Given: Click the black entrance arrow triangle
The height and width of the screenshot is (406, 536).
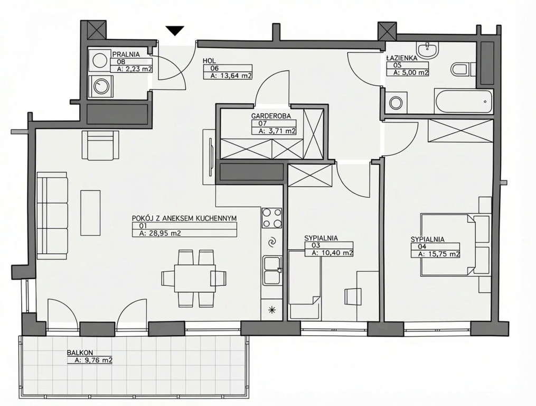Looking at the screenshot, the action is pyautogui.click(x=175, y=31).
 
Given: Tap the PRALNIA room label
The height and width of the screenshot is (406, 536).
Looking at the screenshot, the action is pyautogui.click(x=126, y=54).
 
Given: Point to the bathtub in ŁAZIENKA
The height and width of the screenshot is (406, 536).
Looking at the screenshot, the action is pyautogui.click(x=464, y=101).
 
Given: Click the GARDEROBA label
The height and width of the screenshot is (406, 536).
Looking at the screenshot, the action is pyautogui.click(x=271, y=116).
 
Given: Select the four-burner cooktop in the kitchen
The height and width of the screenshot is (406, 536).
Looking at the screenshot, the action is pyautogui.click(x=272, y=218).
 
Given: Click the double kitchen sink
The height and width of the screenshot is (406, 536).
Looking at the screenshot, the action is pyautogui.click(x=272, y=271).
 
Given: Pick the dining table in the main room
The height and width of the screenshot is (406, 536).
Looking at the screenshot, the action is pyautogui.click(x=194, y=278).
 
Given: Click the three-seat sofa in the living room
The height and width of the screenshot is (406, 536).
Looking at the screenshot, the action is pyautogui.click(x=52, y=215).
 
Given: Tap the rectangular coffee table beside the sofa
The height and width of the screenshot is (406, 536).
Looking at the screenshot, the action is pyautogui.click(x=91, y=213).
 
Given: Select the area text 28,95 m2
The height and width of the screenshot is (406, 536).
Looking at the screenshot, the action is pyautogui.click(x=161, y=234).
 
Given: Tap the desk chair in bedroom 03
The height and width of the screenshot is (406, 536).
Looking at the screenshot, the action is pyautogui.click(x=353, y=296).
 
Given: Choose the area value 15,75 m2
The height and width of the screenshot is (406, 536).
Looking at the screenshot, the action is pyautogui.click(x=439, y=254).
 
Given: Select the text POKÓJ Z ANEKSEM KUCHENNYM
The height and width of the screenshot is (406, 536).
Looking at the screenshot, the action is pyautogui.click(x=185, y=218).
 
